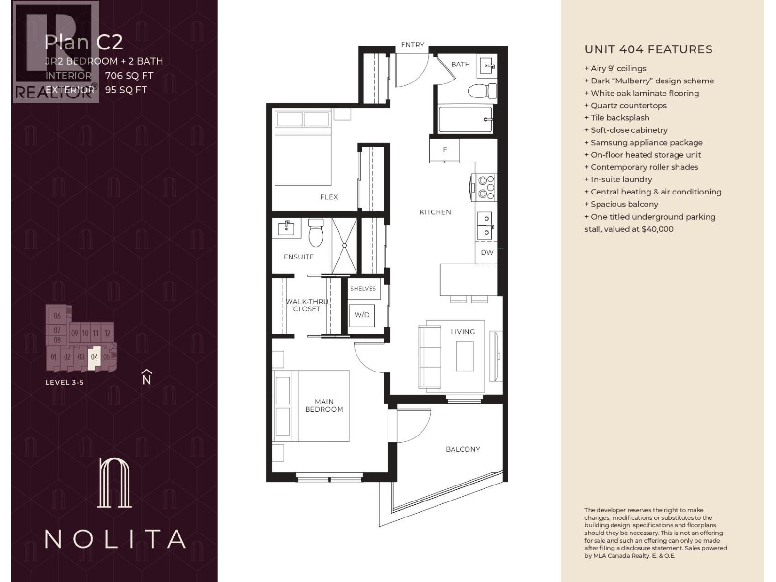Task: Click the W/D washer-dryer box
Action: point(362,315)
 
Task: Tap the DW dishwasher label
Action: point(487,252)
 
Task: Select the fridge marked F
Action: point(444,150)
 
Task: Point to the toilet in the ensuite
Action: point(316,233)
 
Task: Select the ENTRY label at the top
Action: point(412,45)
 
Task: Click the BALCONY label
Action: point(463,449)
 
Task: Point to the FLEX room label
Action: point(329,197)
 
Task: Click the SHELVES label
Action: point(363,288)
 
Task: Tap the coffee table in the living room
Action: point(465,356)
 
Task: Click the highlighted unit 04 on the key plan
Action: point(95,357)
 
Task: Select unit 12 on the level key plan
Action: point(107,333)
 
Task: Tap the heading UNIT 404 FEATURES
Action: point(648,49)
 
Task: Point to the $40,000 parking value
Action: point(657,229)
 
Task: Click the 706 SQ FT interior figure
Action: point(129,76)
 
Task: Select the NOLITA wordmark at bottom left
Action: point(115,539)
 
